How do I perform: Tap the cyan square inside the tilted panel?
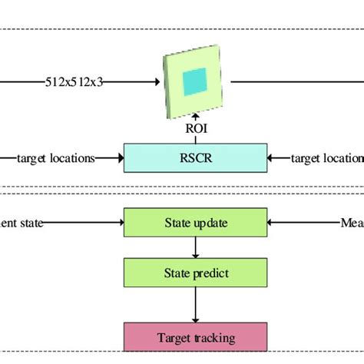[195, 80]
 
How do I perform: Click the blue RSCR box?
[195, 157]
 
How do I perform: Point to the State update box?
[195, 223]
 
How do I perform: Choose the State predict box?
[195, 272]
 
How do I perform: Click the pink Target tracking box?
[195, 337]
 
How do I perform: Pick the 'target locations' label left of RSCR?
[56, 158]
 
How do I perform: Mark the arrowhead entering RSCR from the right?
[271, 158]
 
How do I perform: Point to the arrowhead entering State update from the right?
[271, 223]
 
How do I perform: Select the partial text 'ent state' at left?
[22, 223]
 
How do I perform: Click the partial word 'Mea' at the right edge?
[352, 223]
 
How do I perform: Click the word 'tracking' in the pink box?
[214, 337]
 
